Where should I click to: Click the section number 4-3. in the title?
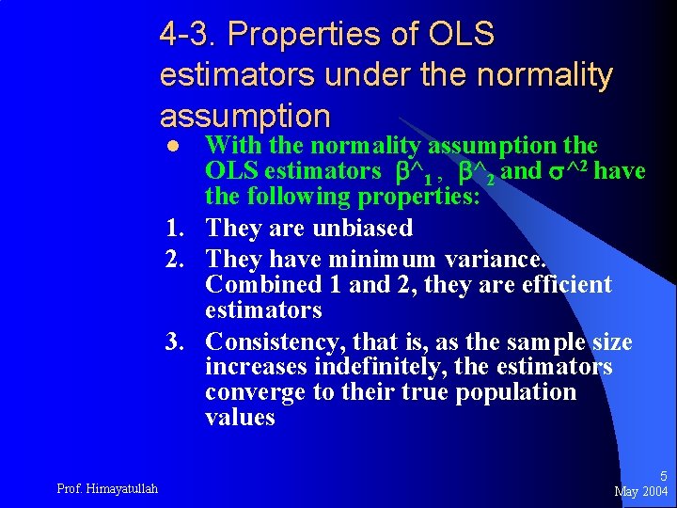tap(188, 34)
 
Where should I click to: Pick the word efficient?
tap(562, 285)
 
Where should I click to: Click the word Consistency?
tap(275, 341)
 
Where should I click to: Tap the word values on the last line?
tap(240, 418)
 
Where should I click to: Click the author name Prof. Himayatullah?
tap(107, 487)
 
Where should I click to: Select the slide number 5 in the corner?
tap(663, 476)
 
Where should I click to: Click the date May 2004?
tap(641, 491)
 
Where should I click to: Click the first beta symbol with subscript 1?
tap(406, 173)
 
